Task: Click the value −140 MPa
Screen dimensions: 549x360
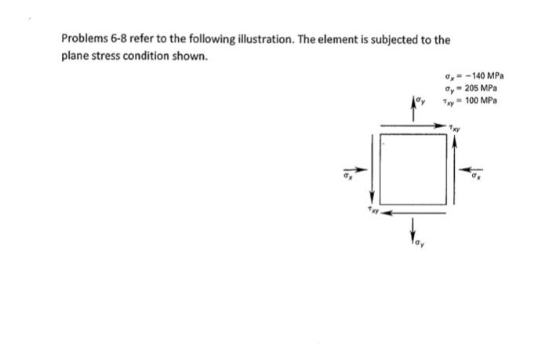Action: [485, 76]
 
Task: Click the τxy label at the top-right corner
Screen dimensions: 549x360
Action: [455, 129]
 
